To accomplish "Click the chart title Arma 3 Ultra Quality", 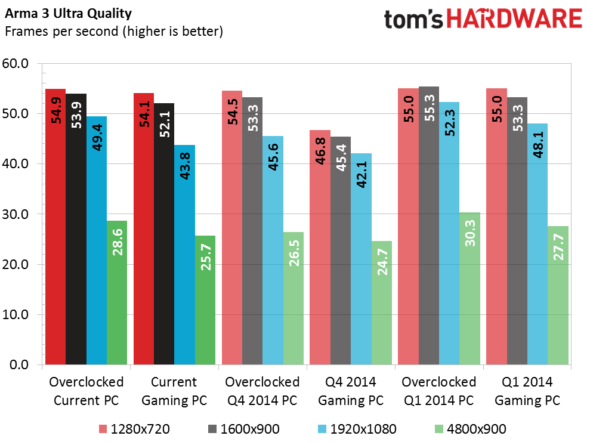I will coord(69,13).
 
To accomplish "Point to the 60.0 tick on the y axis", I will coord(20,63).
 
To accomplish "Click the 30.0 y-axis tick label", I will coord(20,214).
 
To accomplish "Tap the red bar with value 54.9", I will coord(55,227).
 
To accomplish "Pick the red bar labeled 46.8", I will coord(319,247).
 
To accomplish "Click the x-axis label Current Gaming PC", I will coord(174,391).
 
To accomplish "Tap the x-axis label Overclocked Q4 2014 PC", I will coord(262,391).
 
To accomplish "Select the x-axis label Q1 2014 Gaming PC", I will coord(527,391).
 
